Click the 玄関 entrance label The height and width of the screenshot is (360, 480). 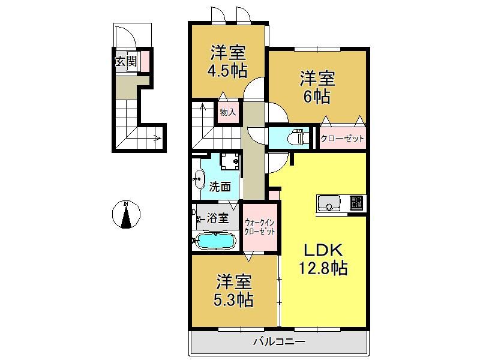[x=125, y=62]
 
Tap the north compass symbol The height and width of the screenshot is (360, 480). [x=126, y=214]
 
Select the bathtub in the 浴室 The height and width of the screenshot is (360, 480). [x=215, y=241]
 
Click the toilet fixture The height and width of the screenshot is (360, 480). [x=296, y=136]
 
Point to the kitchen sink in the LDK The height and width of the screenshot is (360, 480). [x=329, y=203]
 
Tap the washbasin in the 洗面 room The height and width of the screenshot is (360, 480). [x=199, y=179]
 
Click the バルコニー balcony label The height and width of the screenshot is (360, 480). [x=279, y=341]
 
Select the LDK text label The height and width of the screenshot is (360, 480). [x=323, y=251]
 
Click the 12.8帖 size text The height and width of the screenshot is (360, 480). [x=323, y=268]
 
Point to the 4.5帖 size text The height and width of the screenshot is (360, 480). [x=227, y=71]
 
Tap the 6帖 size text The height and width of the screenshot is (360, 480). [x=317, y=97]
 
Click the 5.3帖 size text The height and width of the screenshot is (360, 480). [x=233, y=300]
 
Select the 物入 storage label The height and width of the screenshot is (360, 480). [x=228, y=112]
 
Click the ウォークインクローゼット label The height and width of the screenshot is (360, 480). [x=259, y=227]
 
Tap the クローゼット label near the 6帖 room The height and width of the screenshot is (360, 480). [x=342, y=139]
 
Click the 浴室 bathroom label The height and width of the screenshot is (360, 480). [x=218, y=218]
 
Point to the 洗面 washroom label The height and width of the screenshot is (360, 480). [x=220, y=187]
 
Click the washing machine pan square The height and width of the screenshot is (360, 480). [x=230, y=161]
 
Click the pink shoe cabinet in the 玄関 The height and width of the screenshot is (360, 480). [x=145, y=61]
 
